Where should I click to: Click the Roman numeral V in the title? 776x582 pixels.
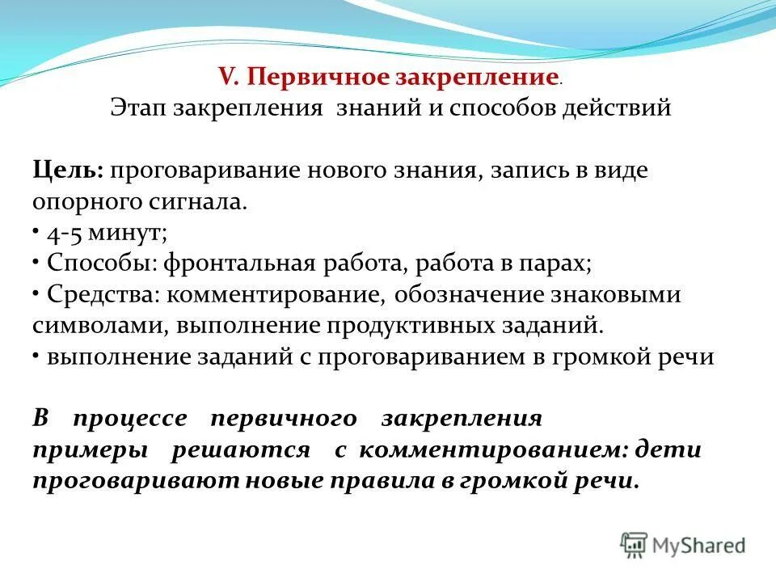click(227, 78)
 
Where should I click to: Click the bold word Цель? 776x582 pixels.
click(67, 171)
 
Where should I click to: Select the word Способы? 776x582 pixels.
click(102, 264)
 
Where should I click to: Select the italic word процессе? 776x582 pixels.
click(129, 419)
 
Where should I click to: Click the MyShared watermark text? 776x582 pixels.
click(698, 545)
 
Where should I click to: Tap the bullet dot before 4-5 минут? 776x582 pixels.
click(37, 232)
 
